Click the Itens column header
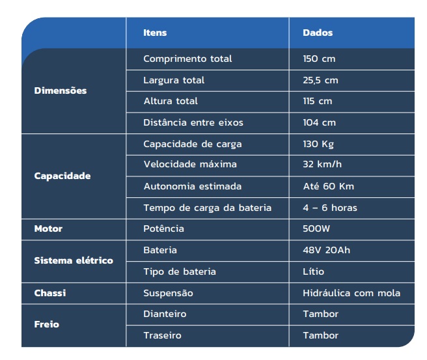[x=155, y=33]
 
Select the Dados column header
[x=318, y=33]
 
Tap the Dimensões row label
[x=61, y=90]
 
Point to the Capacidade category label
[x=62, y=176]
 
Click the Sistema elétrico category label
[x=74, y=260]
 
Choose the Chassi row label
[x=50, y=293]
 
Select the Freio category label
[x=47, y=324]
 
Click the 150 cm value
[x=319, y=59]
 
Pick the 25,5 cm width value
[x=320, y=80]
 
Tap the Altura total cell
[x=171, y=101]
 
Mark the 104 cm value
[x=319, y=122]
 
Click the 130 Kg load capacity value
[x=318, y=144]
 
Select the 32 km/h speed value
[x=322, y=164]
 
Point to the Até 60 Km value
[x=328, y=186]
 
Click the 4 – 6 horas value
[x=329, y=208]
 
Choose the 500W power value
[x=316, y=228]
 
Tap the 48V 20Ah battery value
[x=326, y=250]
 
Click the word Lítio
[x=313, y=271]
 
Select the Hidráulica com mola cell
[x=351, y=293]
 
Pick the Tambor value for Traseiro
[x=320, y=335]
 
